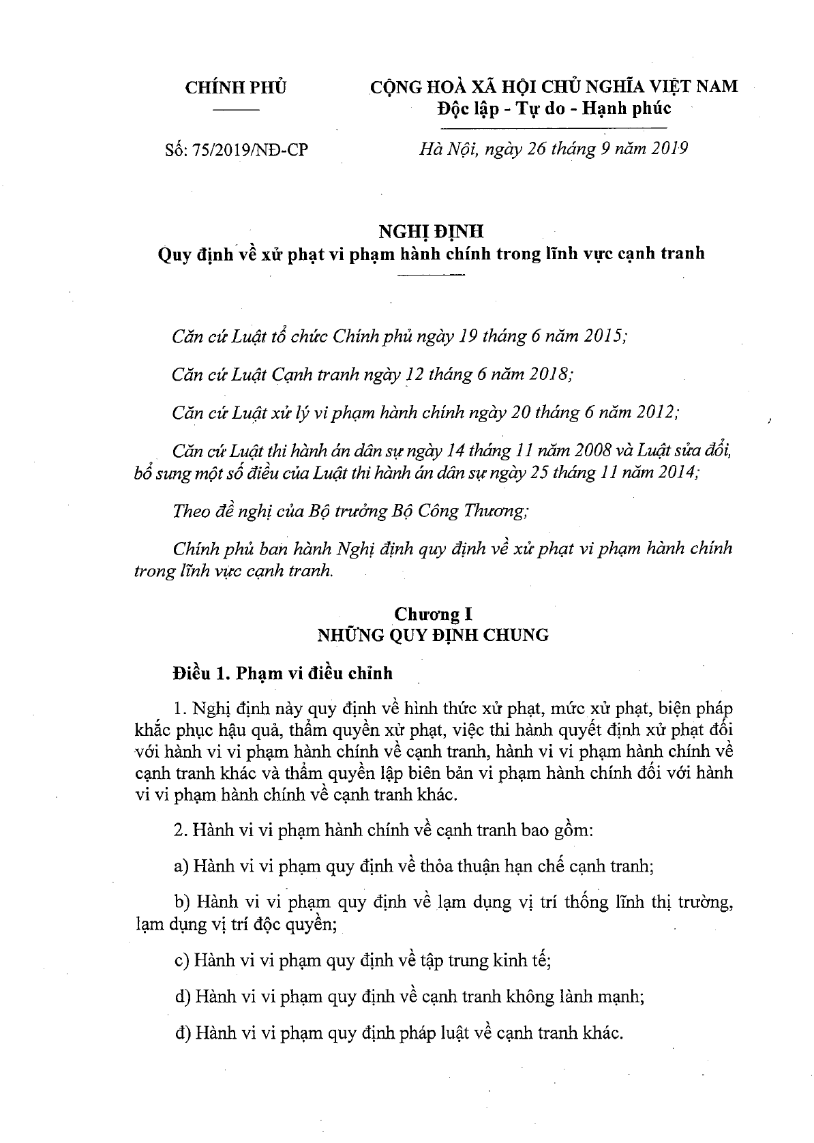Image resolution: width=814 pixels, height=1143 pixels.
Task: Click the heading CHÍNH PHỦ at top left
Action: [237, 88]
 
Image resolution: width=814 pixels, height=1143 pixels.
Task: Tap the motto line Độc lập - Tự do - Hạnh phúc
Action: [554, 108]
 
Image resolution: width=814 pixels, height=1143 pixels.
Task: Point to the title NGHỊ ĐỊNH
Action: [431, 231]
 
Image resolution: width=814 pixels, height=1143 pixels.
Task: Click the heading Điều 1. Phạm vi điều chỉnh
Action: [283, 673]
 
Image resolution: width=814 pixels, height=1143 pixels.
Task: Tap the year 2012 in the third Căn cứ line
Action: [653, 412]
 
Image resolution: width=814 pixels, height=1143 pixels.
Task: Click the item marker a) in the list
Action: [181, 866]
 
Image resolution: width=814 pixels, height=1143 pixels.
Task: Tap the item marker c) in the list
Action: [181, 961]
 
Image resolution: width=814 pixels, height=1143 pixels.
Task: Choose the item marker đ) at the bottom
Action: [182, 1033]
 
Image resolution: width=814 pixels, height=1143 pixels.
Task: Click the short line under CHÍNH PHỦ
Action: [237, 109]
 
